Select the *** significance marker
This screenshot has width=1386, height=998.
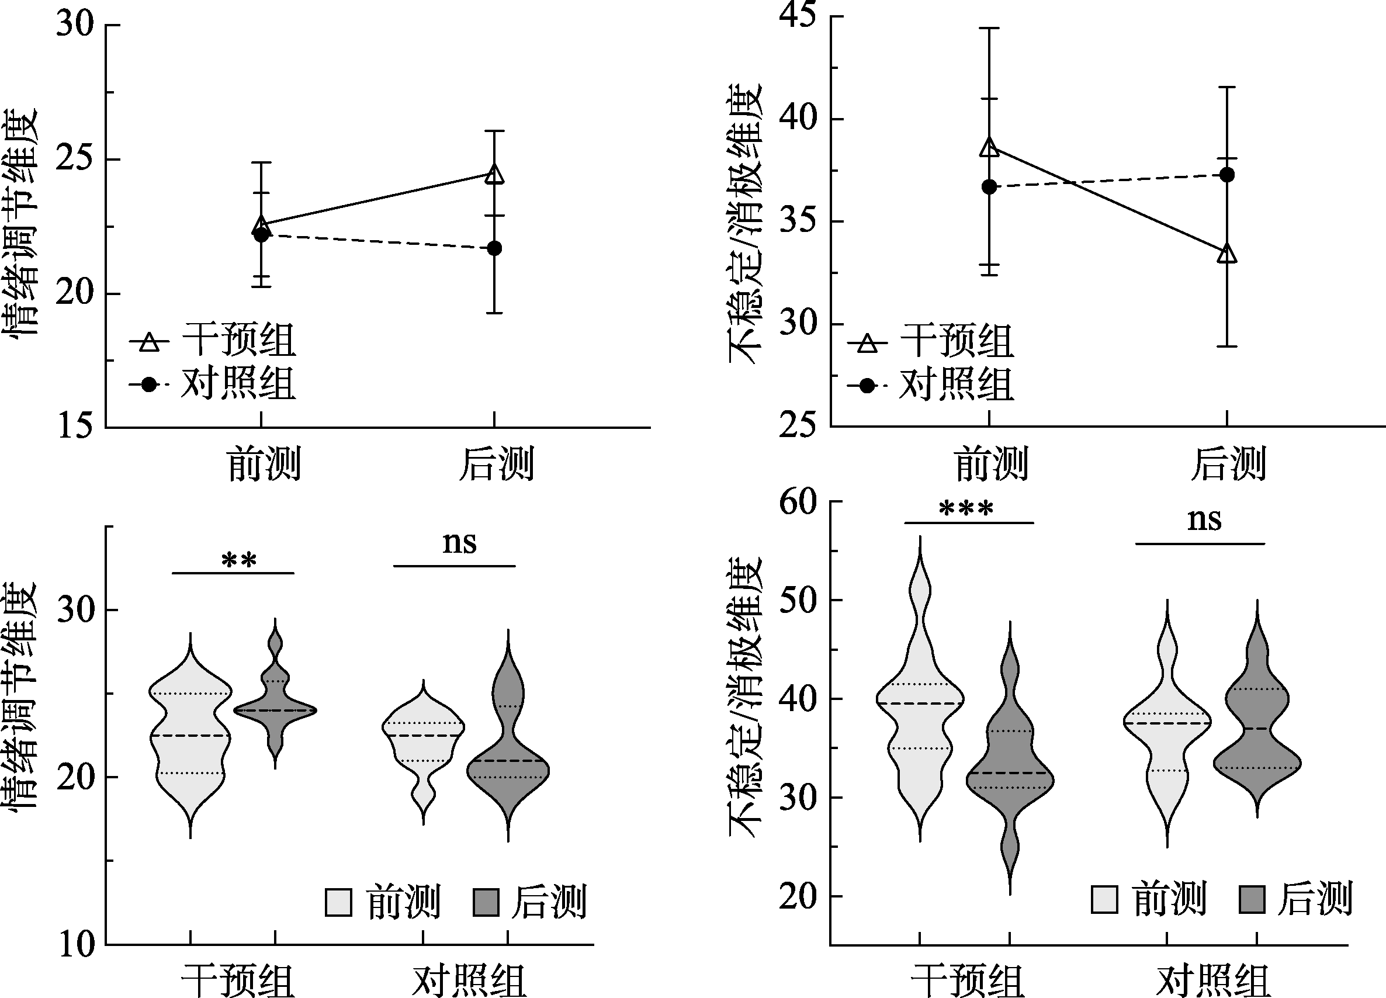[x=966, y=509]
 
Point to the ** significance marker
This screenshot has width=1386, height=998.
[x=239, y=560]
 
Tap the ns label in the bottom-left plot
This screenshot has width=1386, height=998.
[x=459, y=543]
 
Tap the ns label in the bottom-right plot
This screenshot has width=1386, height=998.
[x=1204, y=520]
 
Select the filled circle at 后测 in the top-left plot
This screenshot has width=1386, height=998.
[x=494, y=249]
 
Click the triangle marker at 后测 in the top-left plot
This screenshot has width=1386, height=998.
[x=494, y=175]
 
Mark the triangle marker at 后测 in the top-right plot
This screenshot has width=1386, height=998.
[x=1227, y=254]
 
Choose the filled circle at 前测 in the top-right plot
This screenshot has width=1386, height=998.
[x=989, y=187]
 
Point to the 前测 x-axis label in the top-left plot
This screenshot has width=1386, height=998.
[x=264, y=465]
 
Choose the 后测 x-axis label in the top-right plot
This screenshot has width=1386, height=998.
[x=1228, y=465]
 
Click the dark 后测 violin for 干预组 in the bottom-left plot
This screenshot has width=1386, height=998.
[x=276, y=703]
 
